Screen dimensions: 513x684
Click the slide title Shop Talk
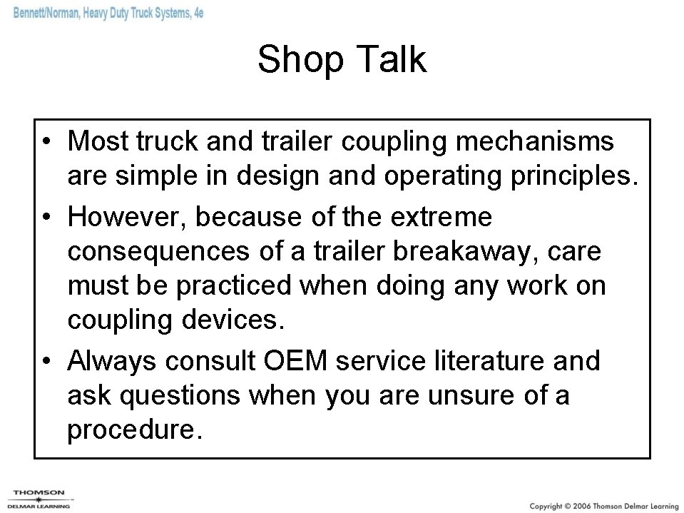point(342,59)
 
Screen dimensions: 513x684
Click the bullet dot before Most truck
point(46,142)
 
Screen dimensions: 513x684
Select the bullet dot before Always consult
point(46,362)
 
